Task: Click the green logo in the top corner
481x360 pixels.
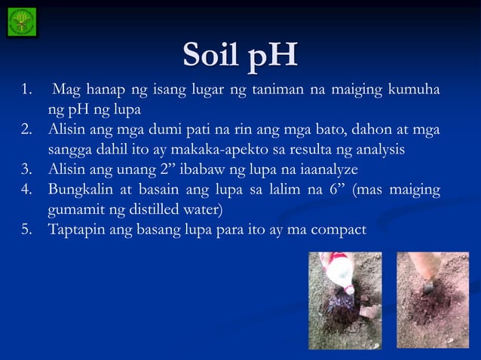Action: [x=21, y=22]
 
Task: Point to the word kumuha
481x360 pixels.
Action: [x=414, y=92]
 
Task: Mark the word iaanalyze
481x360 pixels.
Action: [x=325, y=167]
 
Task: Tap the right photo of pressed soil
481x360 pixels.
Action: [x=433, y=299]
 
